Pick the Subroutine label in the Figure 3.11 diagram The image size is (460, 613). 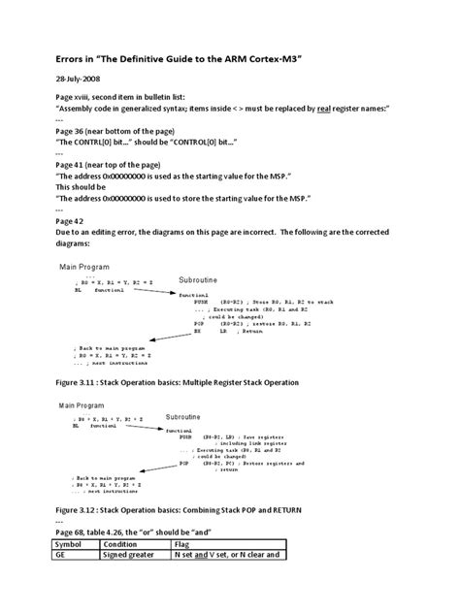pyautogui.click(x=203, y=280)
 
